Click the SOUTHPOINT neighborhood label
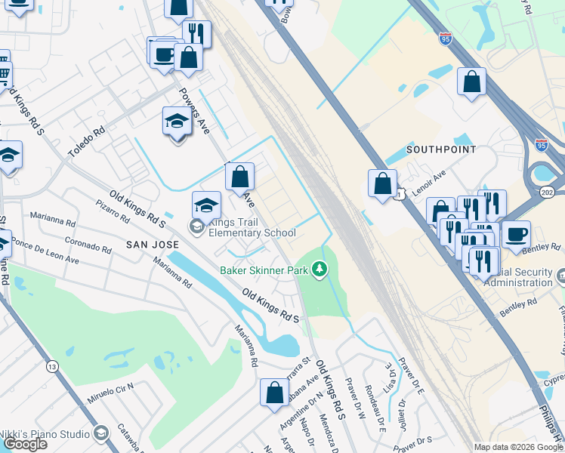click(441, 149)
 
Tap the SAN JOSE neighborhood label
click(152, 245)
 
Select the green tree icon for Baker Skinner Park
click(320, 269)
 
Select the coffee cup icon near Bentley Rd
click(516, 234)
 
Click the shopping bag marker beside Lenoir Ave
click(383, 183)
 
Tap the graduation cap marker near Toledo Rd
click(178, 121)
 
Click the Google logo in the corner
click(25, 444)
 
